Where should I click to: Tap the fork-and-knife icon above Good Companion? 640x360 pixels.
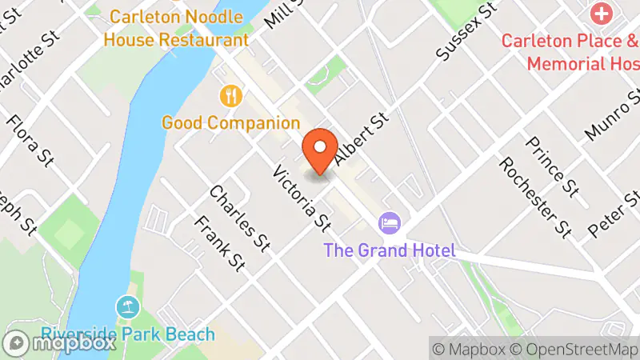pyautogui.click(x=231, y=97)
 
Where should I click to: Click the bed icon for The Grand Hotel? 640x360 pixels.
pyautogui.click(x=390, y=222)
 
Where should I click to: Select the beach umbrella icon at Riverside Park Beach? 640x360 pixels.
pyautogui.click(x=127, y=306)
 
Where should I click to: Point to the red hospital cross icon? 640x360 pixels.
pyautogui.click(x=600, y=14)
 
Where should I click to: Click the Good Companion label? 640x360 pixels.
pyautogui.click(x=230, y=123)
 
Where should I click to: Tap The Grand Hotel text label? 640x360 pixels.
pyautogui.click(x=390, y=250)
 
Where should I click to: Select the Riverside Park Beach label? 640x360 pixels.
pyautogui.click(x=129, y=334)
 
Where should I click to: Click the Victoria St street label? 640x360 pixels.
pyautogui.click(x=302, y=196)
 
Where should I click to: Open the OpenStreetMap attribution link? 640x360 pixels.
pyautogui.click(x=575, y=349)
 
